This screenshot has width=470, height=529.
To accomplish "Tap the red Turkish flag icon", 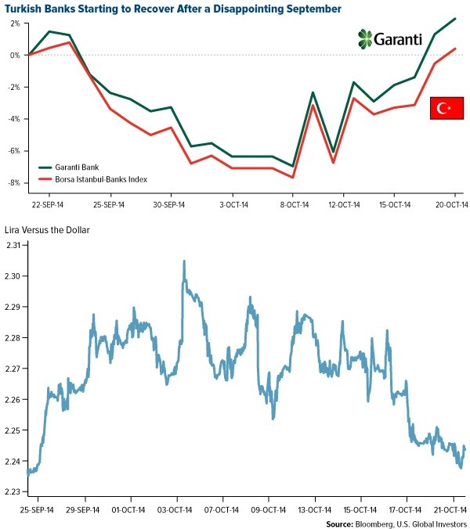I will (x=445, y=108).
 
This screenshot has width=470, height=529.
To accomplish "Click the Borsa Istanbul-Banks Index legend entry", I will (x=103, y=179).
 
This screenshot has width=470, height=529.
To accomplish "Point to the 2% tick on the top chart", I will (x=15, y=23).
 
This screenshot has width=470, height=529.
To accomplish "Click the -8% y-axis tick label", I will (x=13, y=183).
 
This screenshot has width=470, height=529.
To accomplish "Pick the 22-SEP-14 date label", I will (x=48, y=205).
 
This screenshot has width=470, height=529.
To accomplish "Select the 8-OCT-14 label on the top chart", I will (x=294, y=205).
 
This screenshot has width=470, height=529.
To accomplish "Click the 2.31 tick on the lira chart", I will (x=13, y=245).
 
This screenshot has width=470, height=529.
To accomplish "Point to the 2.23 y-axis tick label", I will (x=13, y=492).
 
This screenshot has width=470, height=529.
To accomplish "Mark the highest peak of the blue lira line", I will (x=184, y=261).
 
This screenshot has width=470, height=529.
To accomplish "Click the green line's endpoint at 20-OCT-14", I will (x=456, y=19).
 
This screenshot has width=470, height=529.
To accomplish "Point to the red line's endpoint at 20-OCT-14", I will (x=456, y=49).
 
